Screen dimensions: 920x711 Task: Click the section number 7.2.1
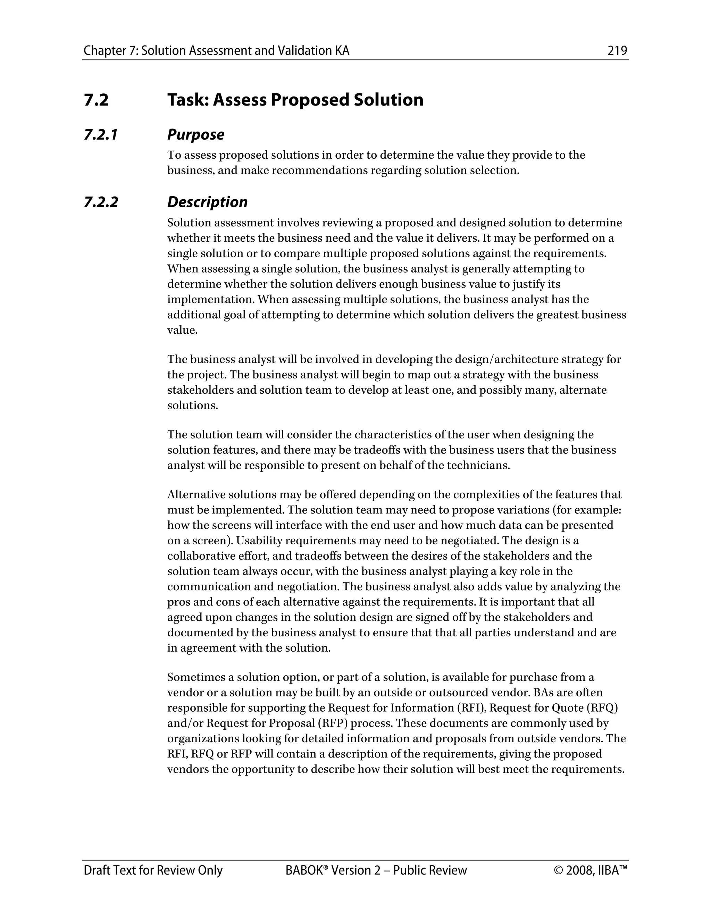(101, 135)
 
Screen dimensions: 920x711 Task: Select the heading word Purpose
(195, 135)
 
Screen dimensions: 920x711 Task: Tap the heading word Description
(207, 202)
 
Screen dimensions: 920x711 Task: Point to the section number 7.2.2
(101, 202)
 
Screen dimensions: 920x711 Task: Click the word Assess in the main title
(239, 100)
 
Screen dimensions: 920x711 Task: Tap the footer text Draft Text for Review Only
(153, 871)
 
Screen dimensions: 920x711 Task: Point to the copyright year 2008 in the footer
(580, 871)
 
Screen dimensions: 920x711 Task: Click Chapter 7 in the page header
(110, 51)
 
